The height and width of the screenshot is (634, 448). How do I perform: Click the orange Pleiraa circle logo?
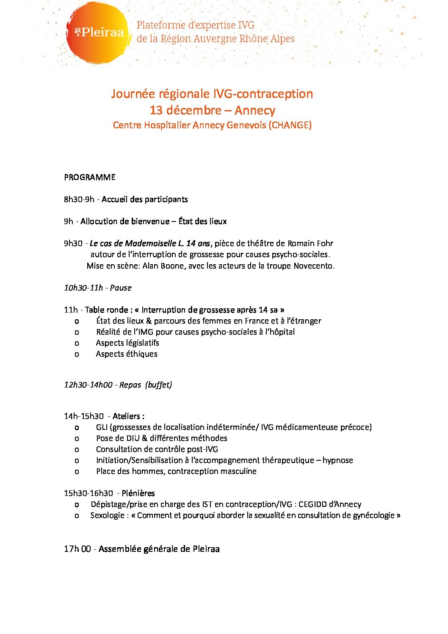tap(98, 33)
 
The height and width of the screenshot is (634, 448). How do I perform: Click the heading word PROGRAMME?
tap(90, 177)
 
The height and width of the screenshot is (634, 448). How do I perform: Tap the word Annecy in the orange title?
tap(254, 110)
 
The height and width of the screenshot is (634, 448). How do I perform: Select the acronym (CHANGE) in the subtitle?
tap(290, 125)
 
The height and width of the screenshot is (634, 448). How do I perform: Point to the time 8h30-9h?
tap(79, 199)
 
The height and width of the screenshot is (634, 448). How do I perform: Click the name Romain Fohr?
tap(310, 243)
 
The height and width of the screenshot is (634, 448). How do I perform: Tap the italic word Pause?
tap(121, 288)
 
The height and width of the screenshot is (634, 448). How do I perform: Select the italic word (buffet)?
tap(158, 385)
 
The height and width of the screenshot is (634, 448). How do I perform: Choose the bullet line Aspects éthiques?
tap(127, 354)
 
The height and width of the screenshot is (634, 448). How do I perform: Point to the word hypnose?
tap(337, 460)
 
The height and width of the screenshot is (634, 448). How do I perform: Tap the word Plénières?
tap(138, 493)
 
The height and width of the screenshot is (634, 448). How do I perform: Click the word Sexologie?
tap(107, 515)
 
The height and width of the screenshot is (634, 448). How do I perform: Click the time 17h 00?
tap(77, 549)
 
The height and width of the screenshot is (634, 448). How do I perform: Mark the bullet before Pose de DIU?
tap(77, 438)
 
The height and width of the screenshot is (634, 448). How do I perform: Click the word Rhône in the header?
tap(253, 39)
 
